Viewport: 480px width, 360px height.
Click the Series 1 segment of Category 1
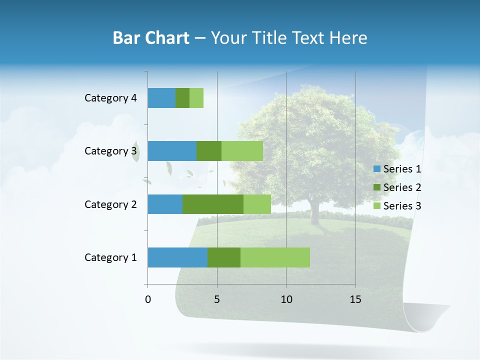tap(177, 257)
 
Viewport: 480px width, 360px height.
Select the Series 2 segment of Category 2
tap(213, 204)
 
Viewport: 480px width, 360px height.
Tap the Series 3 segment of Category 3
tap(242, 151)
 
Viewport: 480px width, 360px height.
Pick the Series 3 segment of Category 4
tap(196, 98)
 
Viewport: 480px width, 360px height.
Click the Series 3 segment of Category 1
tap(275, 257)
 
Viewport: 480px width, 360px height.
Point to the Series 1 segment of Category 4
tap(161, 98)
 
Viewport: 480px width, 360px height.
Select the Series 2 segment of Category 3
tap(209, 151)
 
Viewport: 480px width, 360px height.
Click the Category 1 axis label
tap(110, 257)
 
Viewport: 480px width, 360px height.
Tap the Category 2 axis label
tap(110, 204)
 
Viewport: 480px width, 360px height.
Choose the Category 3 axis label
tap(110, 151)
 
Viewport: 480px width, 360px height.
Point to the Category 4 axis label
tap(110, 98)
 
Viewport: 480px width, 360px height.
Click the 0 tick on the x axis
tap(148, 299)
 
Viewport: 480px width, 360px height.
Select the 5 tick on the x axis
tap(217, 299)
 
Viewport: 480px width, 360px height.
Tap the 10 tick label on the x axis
tap(286, 299)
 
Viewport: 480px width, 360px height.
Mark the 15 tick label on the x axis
tap(355, 299)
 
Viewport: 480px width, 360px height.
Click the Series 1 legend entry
tap(397, 169)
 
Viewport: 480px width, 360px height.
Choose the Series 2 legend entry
tap(397, 187)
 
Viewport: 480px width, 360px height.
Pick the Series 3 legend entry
tap(397, 206)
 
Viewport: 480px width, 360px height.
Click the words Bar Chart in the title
tap(150, 38)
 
